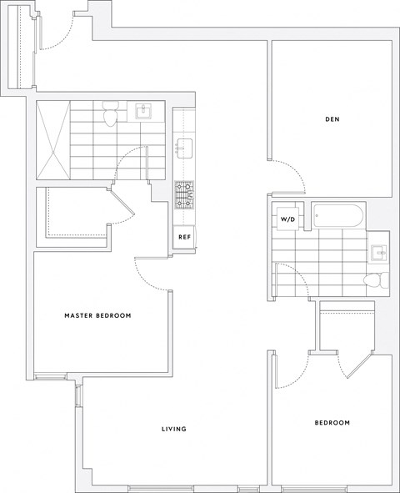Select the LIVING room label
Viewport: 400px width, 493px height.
173,430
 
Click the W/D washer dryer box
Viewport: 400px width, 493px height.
288,219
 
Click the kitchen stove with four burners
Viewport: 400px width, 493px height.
183,194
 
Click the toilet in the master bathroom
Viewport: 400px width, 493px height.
109,114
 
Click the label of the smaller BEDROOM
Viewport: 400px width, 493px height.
332,423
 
